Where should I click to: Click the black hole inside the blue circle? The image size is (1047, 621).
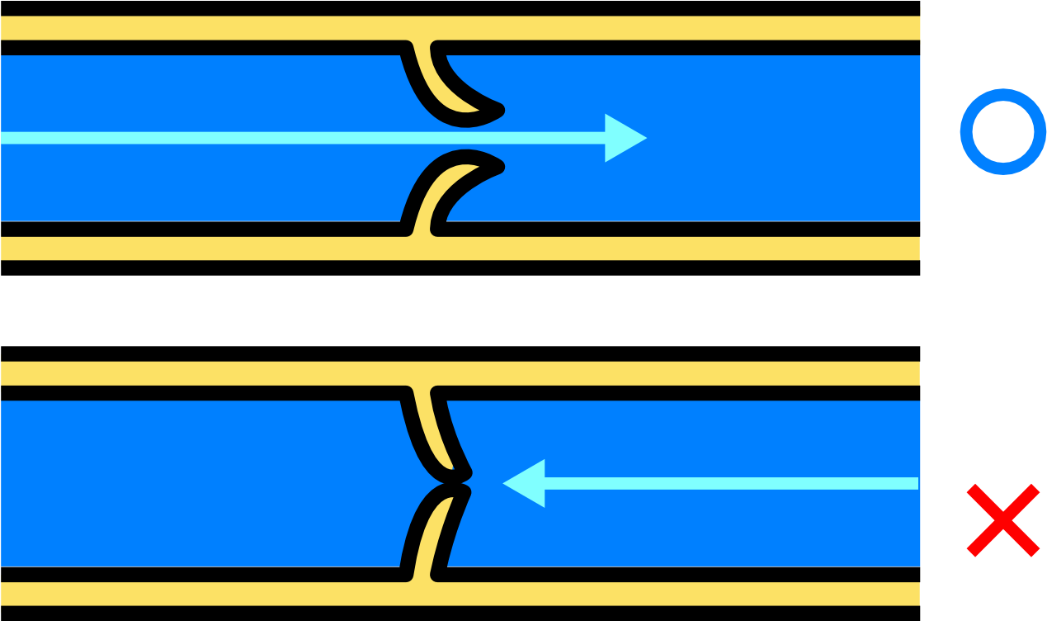coord(1003,131)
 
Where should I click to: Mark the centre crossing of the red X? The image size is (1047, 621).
coord(1003,520)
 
